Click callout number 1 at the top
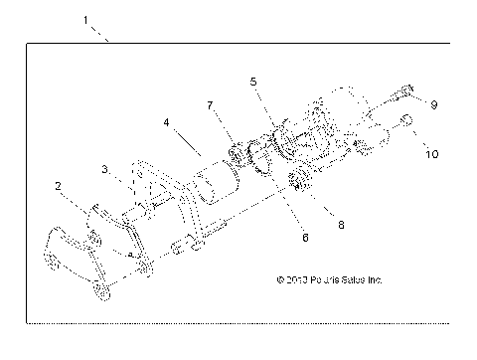tap(86, 19)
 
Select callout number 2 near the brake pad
tap(59, 186)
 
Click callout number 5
tap(254, 80)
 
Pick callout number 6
tap(277, 238)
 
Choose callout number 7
tap(210, 103)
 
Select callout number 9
tap(433, 104)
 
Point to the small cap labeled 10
tap(407, 122)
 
